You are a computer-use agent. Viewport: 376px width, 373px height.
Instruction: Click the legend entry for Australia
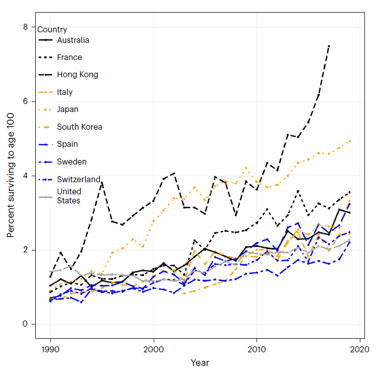[73, 40]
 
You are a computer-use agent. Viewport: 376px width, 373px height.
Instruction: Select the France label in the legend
[69, 58]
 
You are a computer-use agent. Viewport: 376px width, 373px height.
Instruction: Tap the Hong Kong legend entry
[77, 75]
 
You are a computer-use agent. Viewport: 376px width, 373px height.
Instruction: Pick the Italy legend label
[65, 92]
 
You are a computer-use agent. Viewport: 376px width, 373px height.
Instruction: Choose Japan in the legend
[68, 110]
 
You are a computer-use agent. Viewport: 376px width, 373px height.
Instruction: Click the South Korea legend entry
[79, 127]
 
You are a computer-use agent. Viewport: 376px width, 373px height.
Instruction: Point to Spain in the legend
[67, 144]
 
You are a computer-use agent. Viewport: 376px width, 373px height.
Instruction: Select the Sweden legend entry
[72, 162]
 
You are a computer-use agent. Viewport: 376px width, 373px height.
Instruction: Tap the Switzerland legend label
[79, 179]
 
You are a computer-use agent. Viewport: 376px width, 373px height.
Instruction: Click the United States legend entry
[69, 196]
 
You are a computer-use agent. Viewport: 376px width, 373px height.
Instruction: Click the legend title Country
[52, 29]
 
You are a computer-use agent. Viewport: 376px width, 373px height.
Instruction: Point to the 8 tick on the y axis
[25, 27]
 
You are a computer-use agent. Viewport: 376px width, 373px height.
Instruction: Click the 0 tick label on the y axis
[25, 324]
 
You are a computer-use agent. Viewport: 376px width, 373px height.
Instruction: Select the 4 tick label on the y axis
[25, 176]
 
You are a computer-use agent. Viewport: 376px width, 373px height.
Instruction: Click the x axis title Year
[200, 363]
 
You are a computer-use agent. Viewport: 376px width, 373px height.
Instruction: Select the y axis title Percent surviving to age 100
[11, 175]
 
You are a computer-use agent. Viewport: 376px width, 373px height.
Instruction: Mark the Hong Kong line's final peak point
[329, 46]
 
